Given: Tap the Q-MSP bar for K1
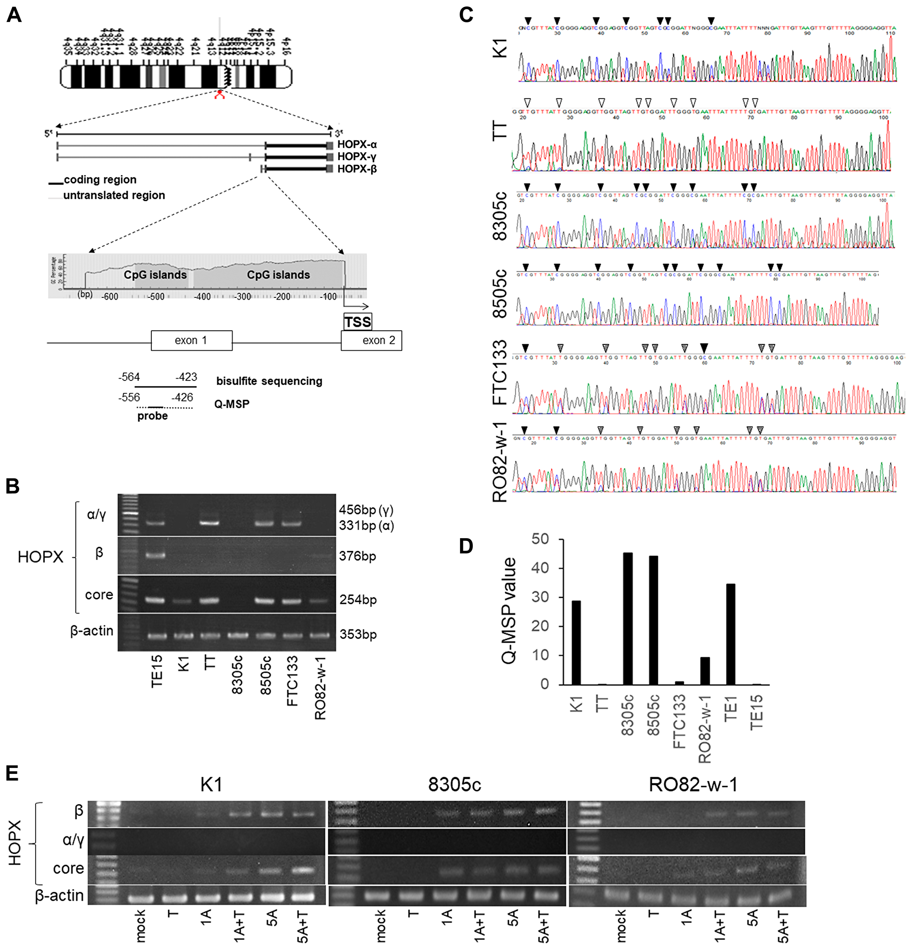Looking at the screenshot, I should pos(576,642).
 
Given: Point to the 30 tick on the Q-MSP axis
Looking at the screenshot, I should pos(540,597).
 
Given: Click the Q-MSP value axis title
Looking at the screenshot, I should pos(508,611).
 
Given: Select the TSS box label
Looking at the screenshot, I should pos(358,322).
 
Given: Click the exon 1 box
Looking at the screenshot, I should pos(192,340).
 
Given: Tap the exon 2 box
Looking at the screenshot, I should pos(372,340).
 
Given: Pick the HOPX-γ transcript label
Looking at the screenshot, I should pos(357,156).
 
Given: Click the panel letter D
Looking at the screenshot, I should pos(466,546).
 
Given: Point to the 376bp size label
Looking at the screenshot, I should pos(358,556).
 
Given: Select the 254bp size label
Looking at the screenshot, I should pos(358,600).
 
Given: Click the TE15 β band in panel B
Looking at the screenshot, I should pos(155,555).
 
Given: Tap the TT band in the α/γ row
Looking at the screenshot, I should pos(209,523).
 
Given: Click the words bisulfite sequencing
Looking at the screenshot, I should pos(269,381).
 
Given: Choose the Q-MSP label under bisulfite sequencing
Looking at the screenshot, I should pos(232,404).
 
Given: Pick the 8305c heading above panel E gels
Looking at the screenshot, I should pos(454,784).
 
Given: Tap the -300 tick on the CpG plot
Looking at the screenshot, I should pos(243,296).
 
